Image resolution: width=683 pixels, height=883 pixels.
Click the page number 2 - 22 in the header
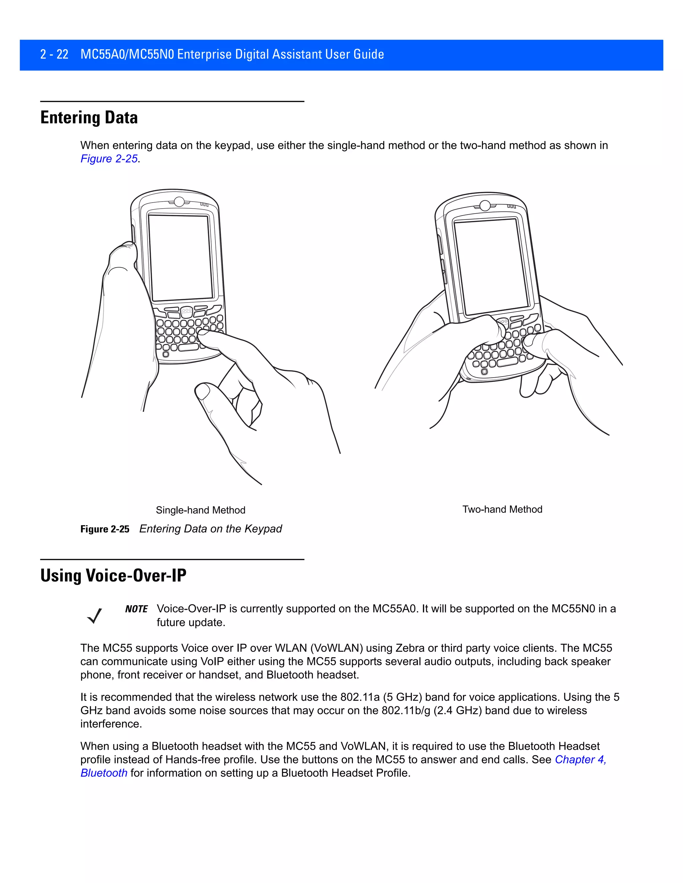(54, 54)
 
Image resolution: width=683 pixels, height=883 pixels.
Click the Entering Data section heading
(89, 118)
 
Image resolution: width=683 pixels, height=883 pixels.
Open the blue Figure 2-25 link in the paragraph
(109, 159)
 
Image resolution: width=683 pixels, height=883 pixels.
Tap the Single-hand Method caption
(200, 510)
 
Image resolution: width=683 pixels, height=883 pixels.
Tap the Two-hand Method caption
(502, 509)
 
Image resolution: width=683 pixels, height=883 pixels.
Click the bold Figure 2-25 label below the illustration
(105, 529)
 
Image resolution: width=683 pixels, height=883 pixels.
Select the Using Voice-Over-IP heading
(113, 576)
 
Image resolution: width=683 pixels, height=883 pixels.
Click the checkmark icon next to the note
(95, 616)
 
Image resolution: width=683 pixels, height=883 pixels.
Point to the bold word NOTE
(136, 609)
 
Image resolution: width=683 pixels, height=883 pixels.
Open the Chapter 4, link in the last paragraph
(580, 760)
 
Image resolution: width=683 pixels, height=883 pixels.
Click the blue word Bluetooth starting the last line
(104, 773)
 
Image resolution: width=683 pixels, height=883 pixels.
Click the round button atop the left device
(178, 201)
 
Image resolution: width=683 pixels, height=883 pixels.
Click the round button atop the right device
(485, 205)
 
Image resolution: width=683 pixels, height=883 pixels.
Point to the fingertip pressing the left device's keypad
(203, 334)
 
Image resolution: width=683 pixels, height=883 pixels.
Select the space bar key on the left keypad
(188, 347)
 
